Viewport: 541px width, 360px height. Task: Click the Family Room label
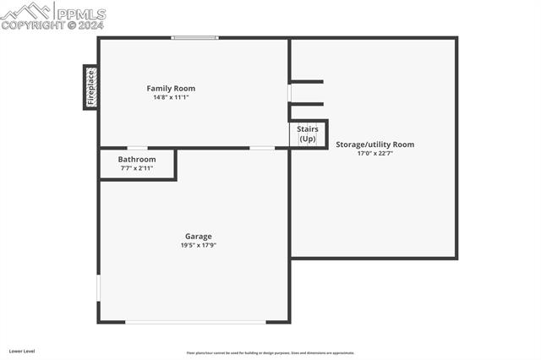171,89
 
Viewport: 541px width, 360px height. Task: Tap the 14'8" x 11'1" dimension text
171,98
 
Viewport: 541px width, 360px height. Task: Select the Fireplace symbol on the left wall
90,87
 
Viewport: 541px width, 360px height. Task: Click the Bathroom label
136,159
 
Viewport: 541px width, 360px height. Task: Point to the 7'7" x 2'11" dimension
136,168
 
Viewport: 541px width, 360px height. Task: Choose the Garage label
199,237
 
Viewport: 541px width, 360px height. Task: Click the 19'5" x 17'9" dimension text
199,246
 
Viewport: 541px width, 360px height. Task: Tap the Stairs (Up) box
308,134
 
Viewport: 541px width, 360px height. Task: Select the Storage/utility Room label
374,145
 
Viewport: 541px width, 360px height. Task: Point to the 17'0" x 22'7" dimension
374,154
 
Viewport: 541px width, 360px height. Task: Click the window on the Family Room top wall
194,37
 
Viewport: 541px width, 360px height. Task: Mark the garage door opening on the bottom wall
195,322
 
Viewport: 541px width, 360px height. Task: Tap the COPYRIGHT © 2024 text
52,25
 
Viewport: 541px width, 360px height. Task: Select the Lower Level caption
22,350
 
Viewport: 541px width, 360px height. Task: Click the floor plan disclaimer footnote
270,353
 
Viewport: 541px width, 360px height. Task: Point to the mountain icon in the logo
26,11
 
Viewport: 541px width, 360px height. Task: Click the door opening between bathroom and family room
137,148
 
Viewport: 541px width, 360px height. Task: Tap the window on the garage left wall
98,287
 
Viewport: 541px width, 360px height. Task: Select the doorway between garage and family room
262,148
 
